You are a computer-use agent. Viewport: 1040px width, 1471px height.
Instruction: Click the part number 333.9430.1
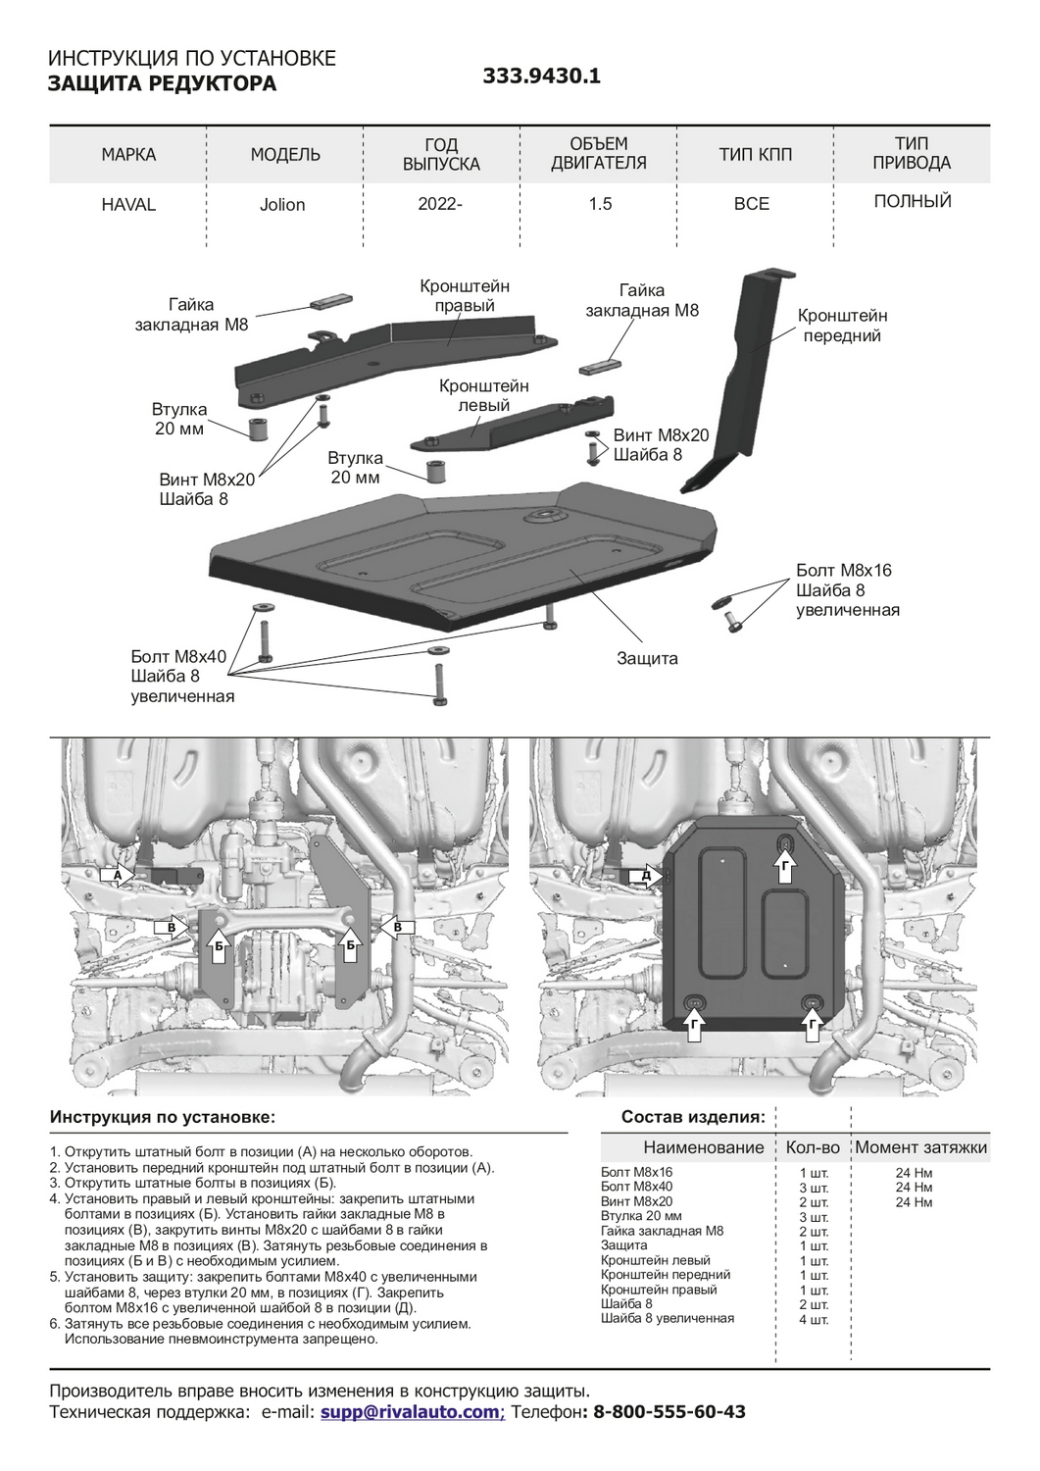click(541, 76)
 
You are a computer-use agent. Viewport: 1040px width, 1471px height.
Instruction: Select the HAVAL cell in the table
click(128, 205)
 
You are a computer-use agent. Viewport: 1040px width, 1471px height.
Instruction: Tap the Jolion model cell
click(282, 205)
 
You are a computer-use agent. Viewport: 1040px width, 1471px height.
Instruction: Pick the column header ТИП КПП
click(755, 154)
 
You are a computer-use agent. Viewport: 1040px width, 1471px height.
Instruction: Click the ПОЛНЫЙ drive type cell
click(912, 202)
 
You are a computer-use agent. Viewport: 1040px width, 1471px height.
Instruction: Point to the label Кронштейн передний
click(842, 326)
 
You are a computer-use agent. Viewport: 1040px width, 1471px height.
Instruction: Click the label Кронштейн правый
click(465, 296)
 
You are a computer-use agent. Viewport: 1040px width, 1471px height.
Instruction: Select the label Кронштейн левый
click(484, 395)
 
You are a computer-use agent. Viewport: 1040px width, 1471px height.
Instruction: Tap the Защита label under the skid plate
click(647, 658)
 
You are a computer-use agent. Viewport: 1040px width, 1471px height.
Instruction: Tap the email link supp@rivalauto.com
click(410, 1412)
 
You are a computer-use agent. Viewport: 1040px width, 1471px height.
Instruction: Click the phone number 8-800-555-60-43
click(669, 1412)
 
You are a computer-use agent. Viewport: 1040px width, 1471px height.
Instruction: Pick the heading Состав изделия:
click(693, 1117)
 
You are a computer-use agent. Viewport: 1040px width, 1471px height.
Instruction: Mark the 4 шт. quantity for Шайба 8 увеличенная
click(814, 1319)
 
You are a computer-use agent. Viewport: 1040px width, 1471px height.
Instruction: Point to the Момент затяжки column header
click(920, 1147)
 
